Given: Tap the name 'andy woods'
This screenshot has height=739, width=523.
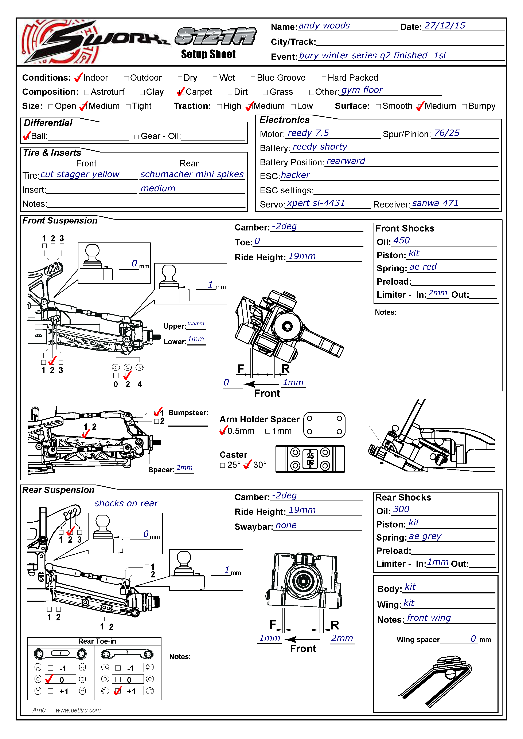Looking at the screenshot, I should (x=324, y=26).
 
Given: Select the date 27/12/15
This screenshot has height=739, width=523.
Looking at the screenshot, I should (x=445, y=26).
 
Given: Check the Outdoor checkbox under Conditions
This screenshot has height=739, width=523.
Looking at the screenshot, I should (x=126, y=79).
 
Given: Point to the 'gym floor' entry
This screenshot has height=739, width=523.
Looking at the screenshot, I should (x=362, y=90).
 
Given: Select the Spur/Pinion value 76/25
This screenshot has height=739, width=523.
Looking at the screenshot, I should (x=447, y=133).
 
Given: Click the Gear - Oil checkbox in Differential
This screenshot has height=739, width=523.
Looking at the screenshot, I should (x=137, y=137).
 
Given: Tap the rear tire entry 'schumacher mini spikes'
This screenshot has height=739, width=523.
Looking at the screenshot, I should (x=192, y=174).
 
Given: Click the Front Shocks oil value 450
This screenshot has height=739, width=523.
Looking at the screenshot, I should (x=402, y=241).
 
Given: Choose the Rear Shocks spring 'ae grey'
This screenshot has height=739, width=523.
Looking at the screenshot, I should (x=425, y=537).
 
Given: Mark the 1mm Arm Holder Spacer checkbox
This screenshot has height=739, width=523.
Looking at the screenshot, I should (x=268, y=432).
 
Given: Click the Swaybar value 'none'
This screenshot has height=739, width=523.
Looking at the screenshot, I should (x=286, y=526).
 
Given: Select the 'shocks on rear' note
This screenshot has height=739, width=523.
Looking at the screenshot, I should (x=126, y=503).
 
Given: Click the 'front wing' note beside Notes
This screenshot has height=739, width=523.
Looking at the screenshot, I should (x=429, y=618).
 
